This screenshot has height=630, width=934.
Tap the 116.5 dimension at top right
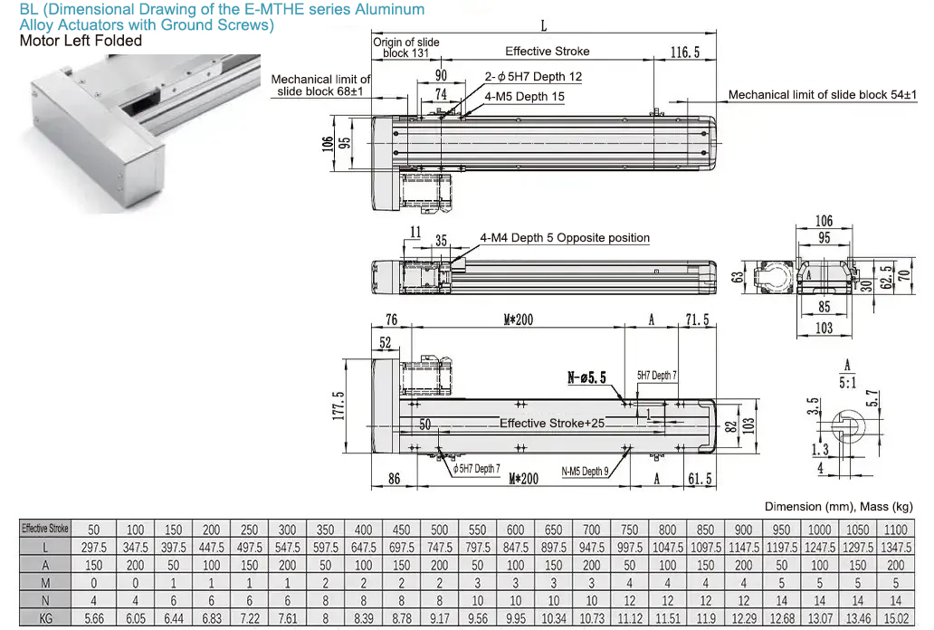pos(685,52)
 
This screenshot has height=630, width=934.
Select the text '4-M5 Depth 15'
pos(524,96)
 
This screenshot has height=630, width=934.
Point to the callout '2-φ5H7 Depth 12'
pos(533,77)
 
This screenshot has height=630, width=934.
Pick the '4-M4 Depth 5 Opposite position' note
pos(565,238)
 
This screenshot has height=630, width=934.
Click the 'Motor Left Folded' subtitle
pos(81,41)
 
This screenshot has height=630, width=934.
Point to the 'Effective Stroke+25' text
pos(552,423)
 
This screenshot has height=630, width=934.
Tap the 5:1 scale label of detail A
pos(847,382)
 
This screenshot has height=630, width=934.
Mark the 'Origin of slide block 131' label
pos(406,47)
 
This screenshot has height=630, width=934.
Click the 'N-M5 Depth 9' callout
pos(584,471)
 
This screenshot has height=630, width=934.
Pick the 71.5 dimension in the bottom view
pos(697,320)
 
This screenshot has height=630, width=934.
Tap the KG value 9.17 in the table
pos(439,619)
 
